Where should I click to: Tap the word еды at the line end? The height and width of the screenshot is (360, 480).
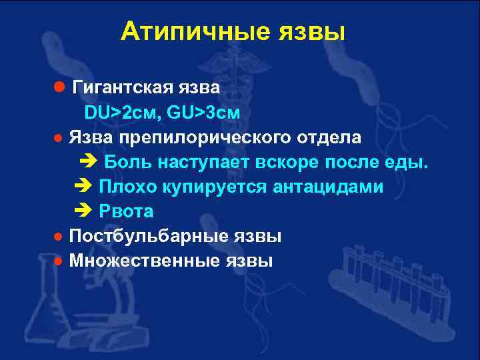click(409, 163)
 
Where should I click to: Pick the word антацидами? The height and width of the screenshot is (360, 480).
click(328, 187)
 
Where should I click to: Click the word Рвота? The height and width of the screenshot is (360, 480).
click(126, 212)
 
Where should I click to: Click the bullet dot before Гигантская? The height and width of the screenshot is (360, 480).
click(59, 88)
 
